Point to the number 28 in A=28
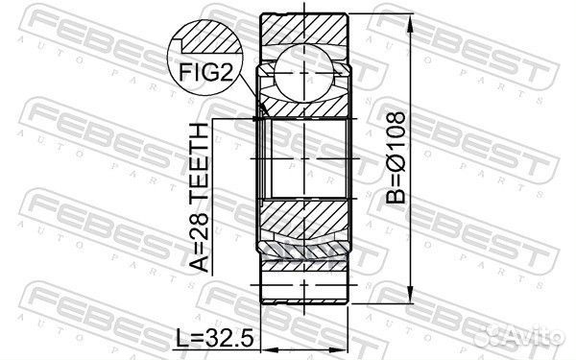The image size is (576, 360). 204,216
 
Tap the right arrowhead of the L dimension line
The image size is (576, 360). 345,321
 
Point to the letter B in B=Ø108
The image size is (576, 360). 397,196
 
